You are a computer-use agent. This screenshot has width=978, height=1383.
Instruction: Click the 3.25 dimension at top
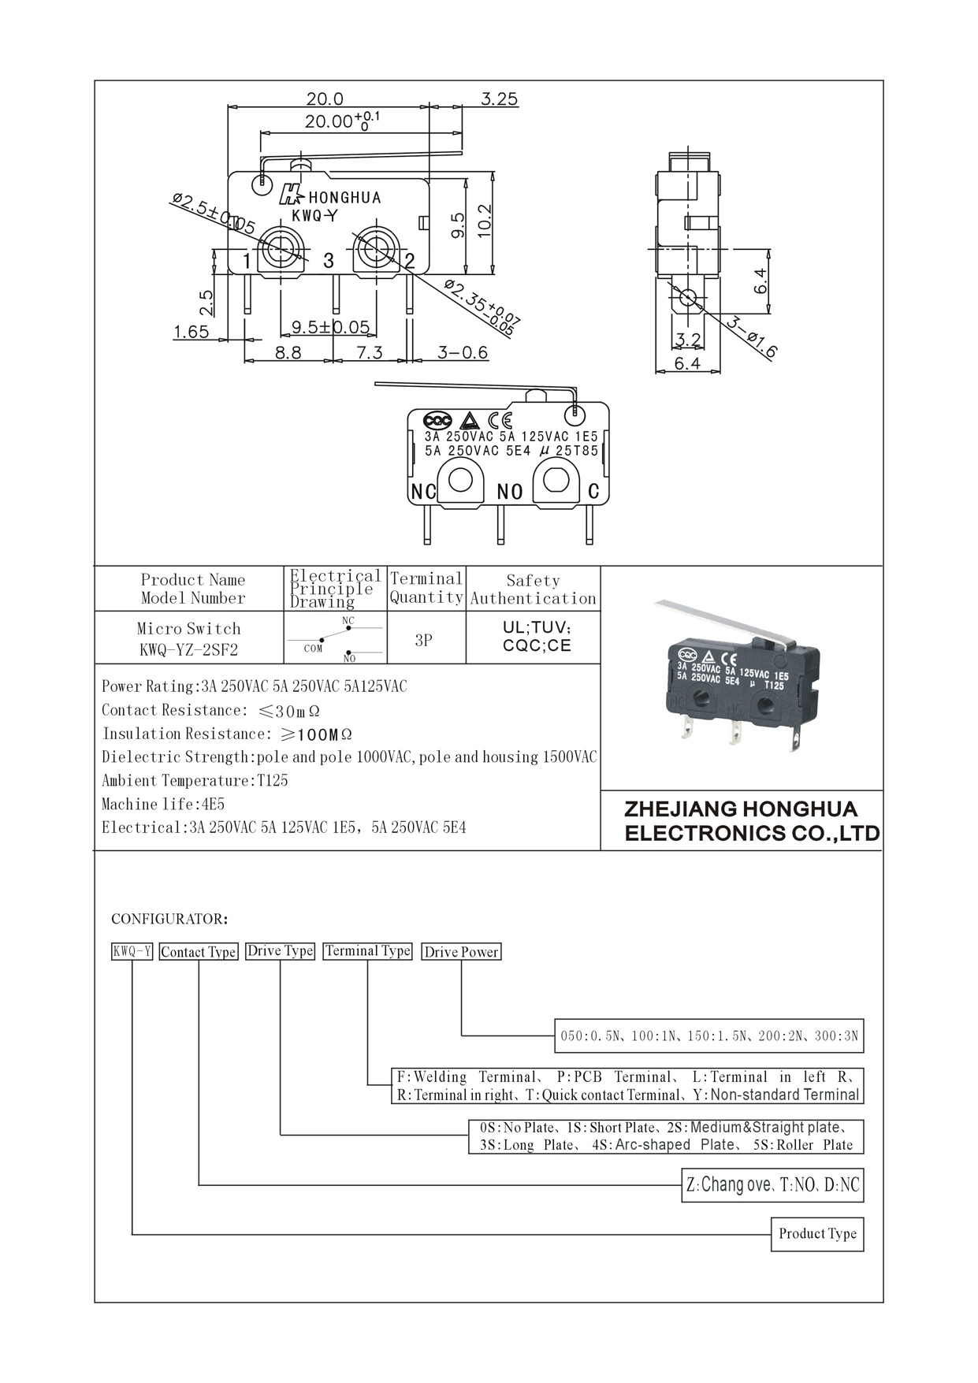[x=499, y=99]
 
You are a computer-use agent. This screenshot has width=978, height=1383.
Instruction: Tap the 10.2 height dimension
[x=484, y=221]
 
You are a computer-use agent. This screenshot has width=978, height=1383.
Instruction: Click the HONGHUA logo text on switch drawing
[x=344, y=198]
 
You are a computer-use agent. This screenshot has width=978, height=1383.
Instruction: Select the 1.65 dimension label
[x=192, y=332]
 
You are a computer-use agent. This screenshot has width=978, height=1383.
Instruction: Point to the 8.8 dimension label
[x=288, y=353]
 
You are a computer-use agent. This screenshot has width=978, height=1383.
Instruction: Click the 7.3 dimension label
[x=369, y=353]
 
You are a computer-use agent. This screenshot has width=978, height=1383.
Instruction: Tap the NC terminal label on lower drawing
[x=423, y=492]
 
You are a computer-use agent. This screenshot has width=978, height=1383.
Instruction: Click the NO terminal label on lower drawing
[x=510, y=493]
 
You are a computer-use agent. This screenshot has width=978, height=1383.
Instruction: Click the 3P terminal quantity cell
[x=424, y=640]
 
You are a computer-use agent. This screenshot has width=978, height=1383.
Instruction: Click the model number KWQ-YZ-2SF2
[x=188, y=650]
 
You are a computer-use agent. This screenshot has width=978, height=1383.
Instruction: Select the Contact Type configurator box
[x=199, y=952]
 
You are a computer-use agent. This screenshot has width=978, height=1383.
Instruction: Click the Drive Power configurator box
[x=461, y=952]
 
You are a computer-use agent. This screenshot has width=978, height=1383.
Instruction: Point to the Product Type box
[x=817, y=1234]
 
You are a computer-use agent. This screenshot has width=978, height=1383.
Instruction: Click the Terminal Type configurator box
[x=368, y=951]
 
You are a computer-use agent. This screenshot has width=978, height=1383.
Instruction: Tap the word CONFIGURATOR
[x=169, y=919]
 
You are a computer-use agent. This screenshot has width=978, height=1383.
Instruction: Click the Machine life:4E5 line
[x=163, y=805]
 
